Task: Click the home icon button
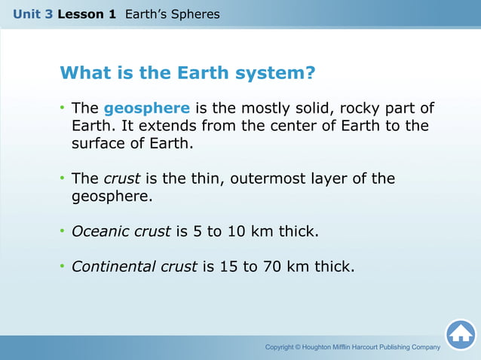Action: tap(460, 334)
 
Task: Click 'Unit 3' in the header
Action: tap(32, 14)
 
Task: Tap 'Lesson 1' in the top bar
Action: tap(87, 14)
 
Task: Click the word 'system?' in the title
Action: tap(276, 74)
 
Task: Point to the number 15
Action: tap(228, 266)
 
